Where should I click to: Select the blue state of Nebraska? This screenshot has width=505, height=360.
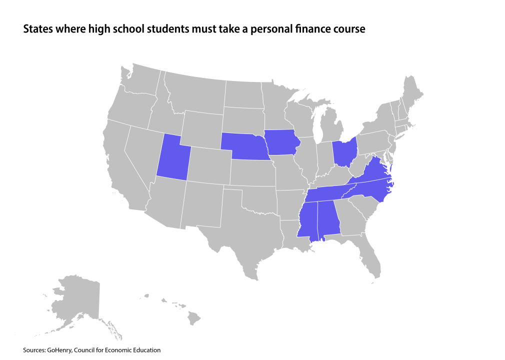coord(243,145)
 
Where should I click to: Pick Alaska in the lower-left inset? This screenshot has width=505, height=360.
coord(77,300)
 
